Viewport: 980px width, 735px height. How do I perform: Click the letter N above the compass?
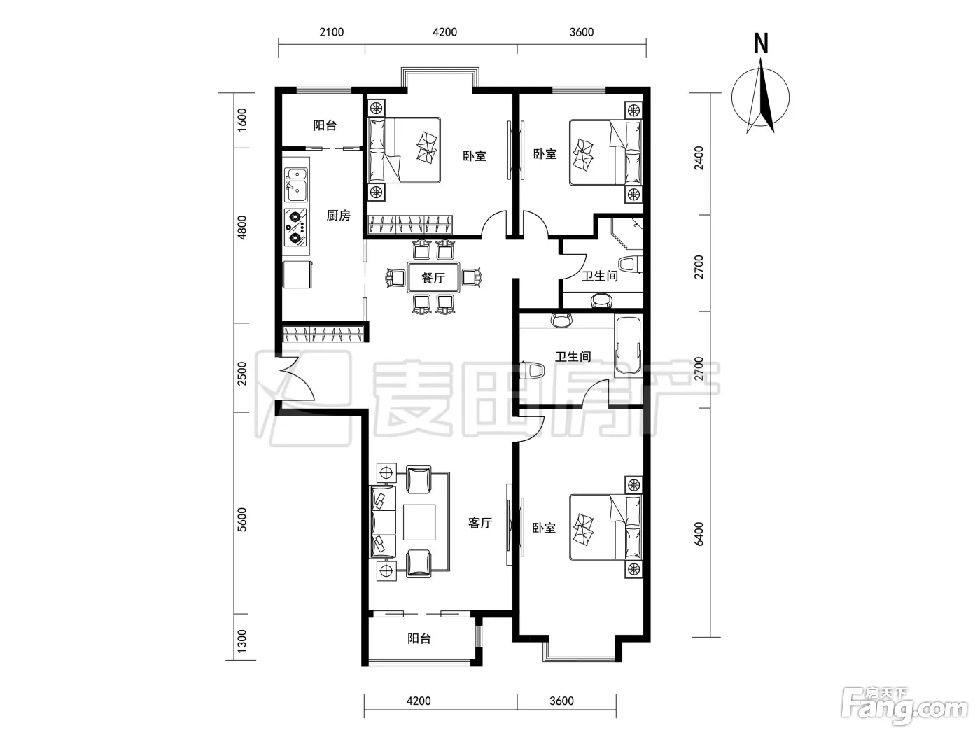click(761, 43)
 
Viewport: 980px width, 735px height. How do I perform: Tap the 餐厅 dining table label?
click(433, 278)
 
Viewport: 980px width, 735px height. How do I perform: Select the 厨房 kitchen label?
click(338, 216)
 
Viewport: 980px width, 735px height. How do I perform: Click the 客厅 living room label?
click(480, 523)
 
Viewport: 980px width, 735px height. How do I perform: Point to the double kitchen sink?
click(296, 185)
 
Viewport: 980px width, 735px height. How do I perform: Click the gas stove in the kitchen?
click(296, 227)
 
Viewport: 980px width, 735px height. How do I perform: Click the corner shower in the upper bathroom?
click(626, 233)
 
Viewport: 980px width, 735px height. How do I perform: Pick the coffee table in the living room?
click(419, 522)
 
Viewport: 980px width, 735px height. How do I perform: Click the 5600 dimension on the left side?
click(241, 519)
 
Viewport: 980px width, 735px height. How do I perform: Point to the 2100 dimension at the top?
click(332, 32)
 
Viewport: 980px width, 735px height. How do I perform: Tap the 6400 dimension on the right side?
click(699, 533)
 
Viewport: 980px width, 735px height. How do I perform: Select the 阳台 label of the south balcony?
click(419, 638)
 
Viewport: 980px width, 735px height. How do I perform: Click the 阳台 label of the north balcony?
click(325, 125)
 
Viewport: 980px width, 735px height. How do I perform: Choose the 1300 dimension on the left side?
click(241, 640)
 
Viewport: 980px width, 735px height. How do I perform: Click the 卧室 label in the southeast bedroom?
click(544, 528)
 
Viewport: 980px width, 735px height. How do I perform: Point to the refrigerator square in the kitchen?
click(297, 274)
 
